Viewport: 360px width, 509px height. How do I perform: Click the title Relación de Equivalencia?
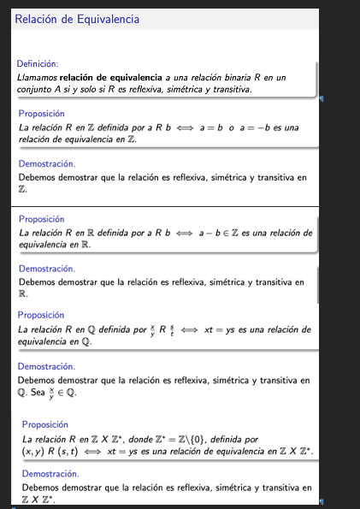(77, 18)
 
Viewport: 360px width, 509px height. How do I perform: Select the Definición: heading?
(37, 62)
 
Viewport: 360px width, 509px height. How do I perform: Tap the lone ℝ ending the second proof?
(22, 293)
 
